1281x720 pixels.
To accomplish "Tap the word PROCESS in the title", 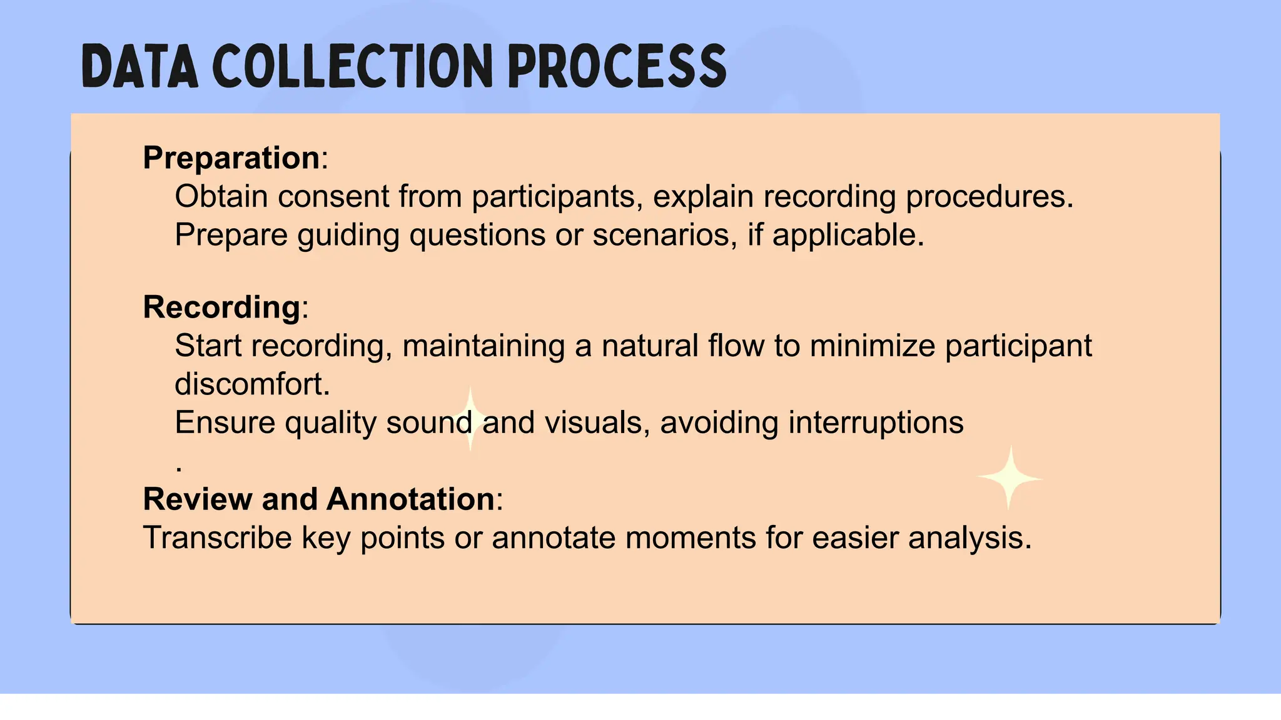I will [x=617, y=66].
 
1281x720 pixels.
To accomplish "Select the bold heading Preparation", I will [x=231, y=157].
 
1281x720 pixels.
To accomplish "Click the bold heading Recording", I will [x=222, y=307].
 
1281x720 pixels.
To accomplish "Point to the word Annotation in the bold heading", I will [x=411, y=499].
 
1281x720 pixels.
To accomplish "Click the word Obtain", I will [x=221, y=196].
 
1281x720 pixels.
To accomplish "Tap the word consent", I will [x=334, y=196].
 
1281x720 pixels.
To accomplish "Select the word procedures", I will [x=989, y=196].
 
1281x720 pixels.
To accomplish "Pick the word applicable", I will [x=848, y=235].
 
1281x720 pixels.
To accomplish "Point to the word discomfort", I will [x=251, y=384].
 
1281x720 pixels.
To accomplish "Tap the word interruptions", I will [x=876, y=422].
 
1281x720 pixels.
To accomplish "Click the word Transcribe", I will [x=217, y=537].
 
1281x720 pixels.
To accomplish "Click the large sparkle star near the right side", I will [x=1009, y=478].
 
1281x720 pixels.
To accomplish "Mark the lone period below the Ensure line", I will [x=180, y=468].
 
